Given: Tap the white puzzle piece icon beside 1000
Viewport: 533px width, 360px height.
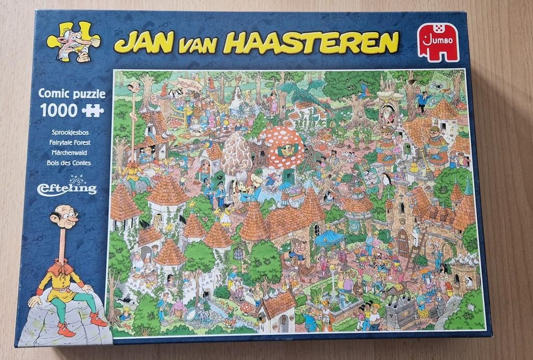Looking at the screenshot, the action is (93, 110).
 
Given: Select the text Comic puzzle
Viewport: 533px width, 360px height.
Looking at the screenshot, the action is (72, 94).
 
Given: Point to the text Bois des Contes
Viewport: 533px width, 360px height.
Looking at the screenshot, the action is (68, 162).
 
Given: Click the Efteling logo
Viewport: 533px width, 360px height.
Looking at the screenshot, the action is (67, 187).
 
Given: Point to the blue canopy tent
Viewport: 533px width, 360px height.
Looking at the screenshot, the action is (329, 237).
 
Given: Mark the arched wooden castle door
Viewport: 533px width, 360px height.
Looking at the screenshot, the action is (402, 242).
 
